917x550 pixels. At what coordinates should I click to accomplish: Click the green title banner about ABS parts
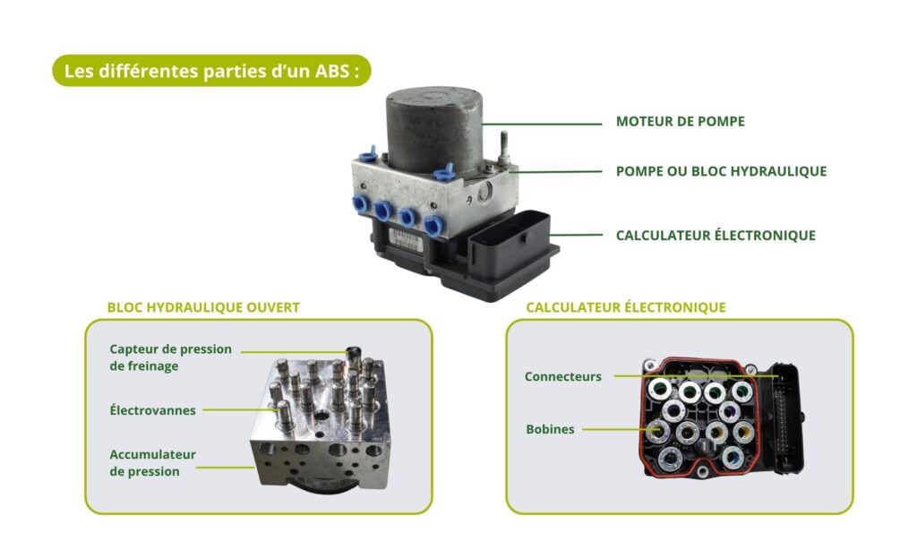pos(211,72)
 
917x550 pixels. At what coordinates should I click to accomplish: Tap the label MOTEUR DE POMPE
pos(680,122)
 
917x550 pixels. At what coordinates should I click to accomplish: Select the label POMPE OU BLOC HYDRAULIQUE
pos(721,171)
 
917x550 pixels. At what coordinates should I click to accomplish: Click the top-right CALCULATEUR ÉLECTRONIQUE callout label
pos(716,236)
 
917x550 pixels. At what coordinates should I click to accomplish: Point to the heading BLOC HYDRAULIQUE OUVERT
pos(203,307)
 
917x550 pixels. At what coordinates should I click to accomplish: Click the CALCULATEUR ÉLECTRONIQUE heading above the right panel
pos(625,307)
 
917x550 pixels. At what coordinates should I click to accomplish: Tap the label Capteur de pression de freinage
pos(170,357)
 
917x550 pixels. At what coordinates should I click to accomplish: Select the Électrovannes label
pos(153,410)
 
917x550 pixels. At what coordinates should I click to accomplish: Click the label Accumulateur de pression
pos(152,462)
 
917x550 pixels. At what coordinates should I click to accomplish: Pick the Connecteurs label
pos(563,377)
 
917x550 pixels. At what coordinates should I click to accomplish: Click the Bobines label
pos(550,429)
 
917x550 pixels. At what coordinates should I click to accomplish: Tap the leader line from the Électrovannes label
pos(237,410)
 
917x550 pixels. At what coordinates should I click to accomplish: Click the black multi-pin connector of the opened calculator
pos(788,412)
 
